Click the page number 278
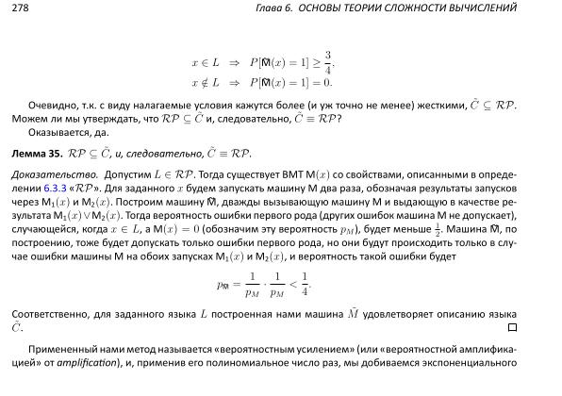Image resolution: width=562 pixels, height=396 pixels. coord(20,8)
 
